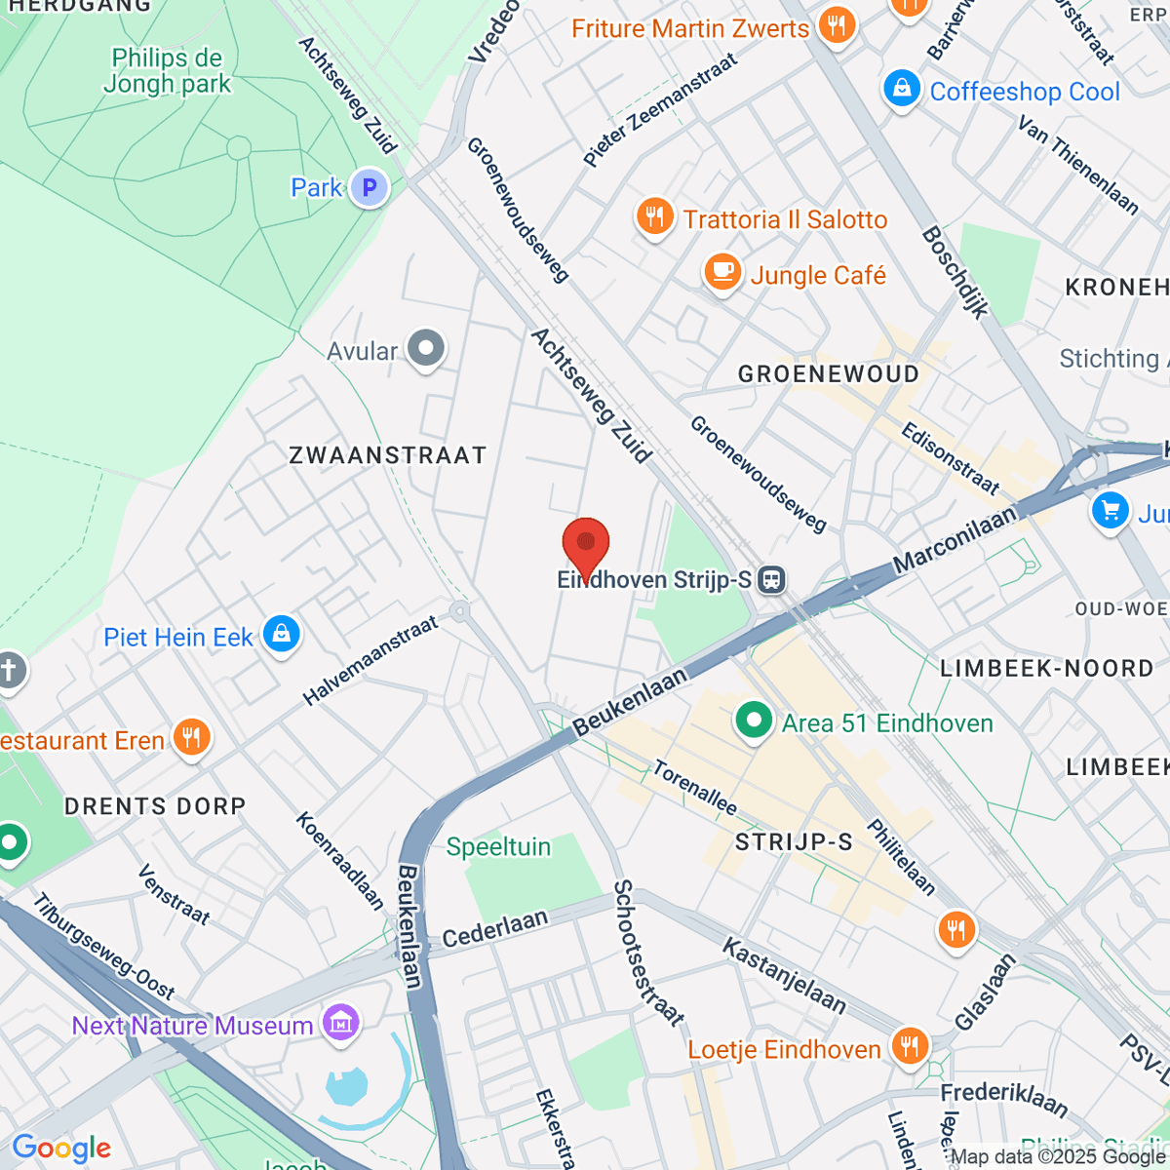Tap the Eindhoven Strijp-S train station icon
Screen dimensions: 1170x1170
coord(771,580)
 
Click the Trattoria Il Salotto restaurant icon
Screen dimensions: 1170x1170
coord(654,217)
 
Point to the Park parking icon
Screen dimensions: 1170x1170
coord(370,187)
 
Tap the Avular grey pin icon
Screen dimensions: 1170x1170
coord(425,348)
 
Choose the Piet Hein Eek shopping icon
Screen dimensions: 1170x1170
coord(282,635)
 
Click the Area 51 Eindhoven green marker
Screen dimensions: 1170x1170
coord(753,721)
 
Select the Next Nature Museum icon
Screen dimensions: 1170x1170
coord(340,1024)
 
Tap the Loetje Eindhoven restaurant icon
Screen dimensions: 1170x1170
coord(909,1047)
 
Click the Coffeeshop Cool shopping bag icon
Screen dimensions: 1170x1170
coord(902,90)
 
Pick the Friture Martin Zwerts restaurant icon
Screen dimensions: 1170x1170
coord(836,24)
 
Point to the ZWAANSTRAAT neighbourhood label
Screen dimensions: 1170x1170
coord(387,455)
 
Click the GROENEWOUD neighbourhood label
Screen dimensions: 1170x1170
coord(828,374)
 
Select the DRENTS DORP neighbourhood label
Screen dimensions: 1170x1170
coord(154,806)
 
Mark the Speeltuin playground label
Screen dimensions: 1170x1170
coord(498,846)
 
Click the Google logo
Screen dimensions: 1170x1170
coord(60,1149)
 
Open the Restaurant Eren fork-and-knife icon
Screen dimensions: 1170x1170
coord(191,738)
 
